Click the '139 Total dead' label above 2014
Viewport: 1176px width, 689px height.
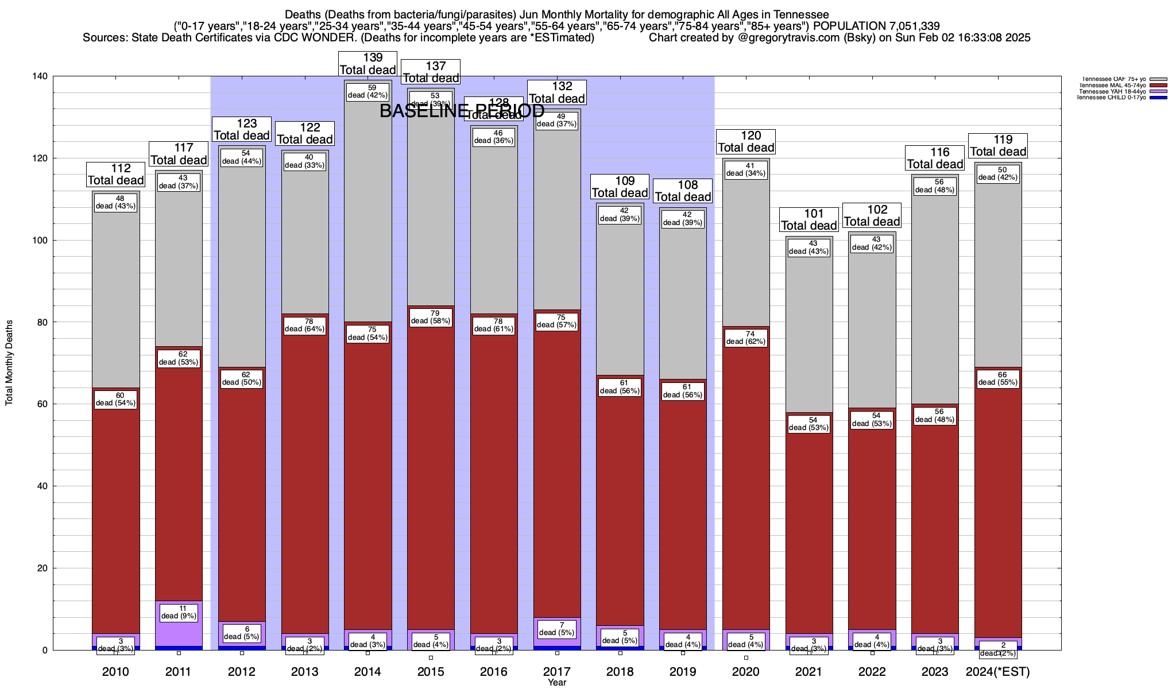(x=367, y=64)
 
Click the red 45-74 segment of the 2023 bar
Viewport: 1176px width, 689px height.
(x=935, y=517)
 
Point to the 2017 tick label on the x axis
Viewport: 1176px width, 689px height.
(x=556, y=672)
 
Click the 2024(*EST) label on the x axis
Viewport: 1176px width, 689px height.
(x=998, y=672)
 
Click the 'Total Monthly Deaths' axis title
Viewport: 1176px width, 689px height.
(x=9, y=363)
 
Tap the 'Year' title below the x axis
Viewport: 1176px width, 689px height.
(x=556, y=683)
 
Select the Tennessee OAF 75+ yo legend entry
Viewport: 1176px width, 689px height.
(x=1113, y=79)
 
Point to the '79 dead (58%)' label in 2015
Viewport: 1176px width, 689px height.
(x=431, y=318)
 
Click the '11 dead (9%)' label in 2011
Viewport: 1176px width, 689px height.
(x=179, y=612)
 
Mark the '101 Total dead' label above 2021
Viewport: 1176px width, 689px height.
(x=809, y=220)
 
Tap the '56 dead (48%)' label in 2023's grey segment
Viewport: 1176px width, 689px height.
(x=934, y=186)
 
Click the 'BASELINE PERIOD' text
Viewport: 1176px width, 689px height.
(x=462, y=111)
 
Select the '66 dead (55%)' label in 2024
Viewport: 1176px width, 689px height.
(x=998, y=379)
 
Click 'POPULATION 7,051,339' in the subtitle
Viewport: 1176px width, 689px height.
(x=876, y=26)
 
